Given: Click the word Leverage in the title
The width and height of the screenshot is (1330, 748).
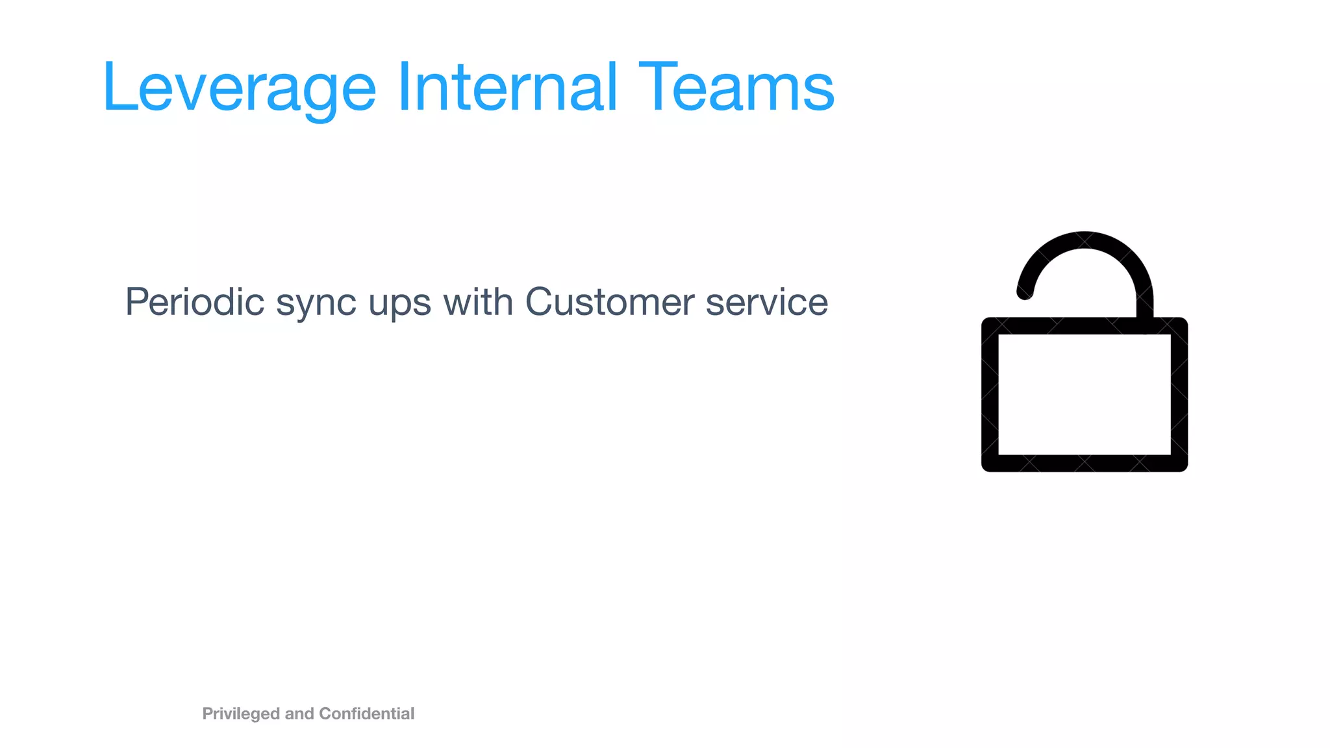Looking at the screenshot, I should tap(239, 88).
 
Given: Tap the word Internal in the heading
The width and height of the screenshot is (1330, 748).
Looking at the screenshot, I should tap(507, 87).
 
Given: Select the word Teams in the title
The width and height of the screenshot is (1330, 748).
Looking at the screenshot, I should tap(736, 87).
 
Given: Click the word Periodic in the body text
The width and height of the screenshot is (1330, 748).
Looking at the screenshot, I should tap(195, 302).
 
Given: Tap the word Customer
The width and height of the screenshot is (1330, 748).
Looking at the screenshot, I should tap(609, 302).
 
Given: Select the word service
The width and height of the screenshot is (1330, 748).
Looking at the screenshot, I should tap(766, 302).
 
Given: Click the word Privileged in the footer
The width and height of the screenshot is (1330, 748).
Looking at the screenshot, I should tap(241, 714).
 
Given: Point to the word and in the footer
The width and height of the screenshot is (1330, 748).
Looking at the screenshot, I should tap(299, 714).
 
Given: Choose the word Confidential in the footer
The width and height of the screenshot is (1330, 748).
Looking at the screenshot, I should tap(366, 714).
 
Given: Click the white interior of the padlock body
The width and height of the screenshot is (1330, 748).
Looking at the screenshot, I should tap(1084, 395).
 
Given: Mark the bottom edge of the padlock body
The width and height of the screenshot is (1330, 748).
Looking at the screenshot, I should tap(1084, 463).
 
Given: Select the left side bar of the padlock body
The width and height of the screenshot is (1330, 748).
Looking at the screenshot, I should tap(990, 395).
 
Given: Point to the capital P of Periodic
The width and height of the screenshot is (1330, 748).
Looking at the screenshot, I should tap(138, 302).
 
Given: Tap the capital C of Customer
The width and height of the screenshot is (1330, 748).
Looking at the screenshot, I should tap(540, 302).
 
